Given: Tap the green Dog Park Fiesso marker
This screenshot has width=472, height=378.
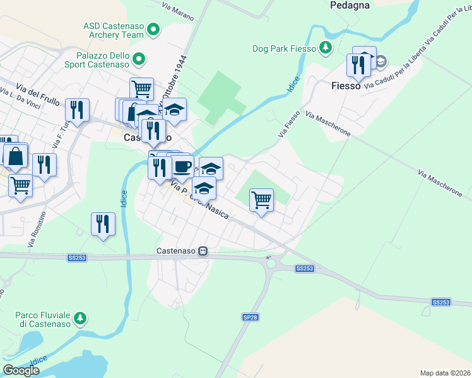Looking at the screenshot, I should point(325,48).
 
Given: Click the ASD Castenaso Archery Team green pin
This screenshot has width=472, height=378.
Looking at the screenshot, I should point(155,30).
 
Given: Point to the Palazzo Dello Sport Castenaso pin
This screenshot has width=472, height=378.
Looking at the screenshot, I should point(139,60).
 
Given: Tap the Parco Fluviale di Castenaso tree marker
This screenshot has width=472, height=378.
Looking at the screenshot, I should point(80,318).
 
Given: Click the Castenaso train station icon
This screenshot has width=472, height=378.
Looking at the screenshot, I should point(203,251).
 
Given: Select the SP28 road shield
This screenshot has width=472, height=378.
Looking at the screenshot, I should point(250,317).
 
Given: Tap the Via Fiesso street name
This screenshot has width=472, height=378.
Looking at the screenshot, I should point(289,124).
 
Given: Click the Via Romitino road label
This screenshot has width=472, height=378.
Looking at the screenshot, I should point(37,229).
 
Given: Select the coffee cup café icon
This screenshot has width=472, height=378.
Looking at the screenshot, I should point(182,166).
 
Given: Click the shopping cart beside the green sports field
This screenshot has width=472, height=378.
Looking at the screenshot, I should point(261,200).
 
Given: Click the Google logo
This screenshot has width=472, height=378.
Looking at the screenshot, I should point(21,370).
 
